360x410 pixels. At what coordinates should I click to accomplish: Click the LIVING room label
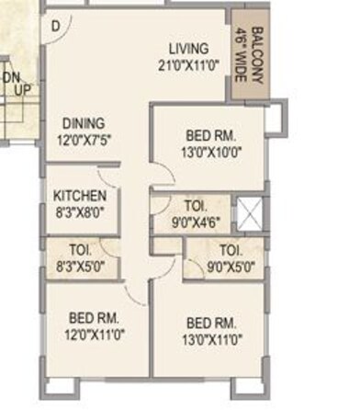point(188,48)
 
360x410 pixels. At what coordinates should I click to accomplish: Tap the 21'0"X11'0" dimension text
point(188,64)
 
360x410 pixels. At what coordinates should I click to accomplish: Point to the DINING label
point(83,123)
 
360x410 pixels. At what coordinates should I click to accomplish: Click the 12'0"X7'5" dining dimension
point(83,140)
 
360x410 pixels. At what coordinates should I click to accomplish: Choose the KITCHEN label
point(80,196)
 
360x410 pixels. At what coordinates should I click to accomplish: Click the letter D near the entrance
point(56,26)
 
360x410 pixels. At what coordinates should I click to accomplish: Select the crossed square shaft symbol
point(249,214)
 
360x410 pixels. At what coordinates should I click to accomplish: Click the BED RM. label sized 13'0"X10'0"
point(211,136)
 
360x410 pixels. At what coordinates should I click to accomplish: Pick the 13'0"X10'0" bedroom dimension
point(211,153)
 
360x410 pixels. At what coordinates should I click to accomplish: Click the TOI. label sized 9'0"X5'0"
point(230,250)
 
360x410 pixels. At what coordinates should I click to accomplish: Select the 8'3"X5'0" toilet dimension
point(81,266)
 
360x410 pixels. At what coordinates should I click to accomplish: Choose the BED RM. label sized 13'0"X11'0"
point(211,323)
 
